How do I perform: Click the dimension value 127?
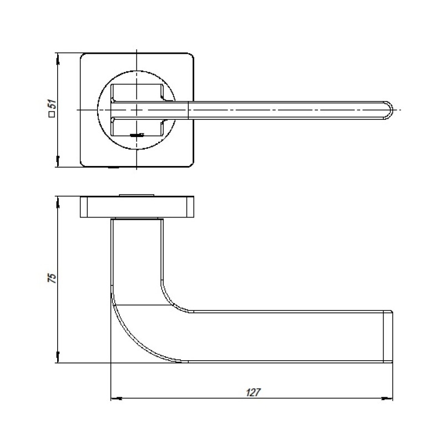pos(253,392)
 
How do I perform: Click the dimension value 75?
pos(52,278)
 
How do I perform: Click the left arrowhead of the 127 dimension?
pos(117,398)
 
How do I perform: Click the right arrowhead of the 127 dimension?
pos(387,398)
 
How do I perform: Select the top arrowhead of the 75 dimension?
pos(58,202)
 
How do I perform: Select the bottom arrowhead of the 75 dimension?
pos(58,357)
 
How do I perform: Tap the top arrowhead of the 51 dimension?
pos(58,59)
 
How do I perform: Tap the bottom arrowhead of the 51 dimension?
pos(58,161)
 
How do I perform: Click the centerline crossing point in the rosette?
pos(137,110)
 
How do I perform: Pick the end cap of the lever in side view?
pos(388,337)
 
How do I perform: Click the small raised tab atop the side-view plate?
pos(137,195)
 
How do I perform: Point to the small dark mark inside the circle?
pos(137,135)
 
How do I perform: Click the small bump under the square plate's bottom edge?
pos(114,168)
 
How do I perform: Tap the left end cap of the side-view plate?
pos(84,206)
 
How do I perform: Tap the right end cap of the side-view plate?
pos(190,206)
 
